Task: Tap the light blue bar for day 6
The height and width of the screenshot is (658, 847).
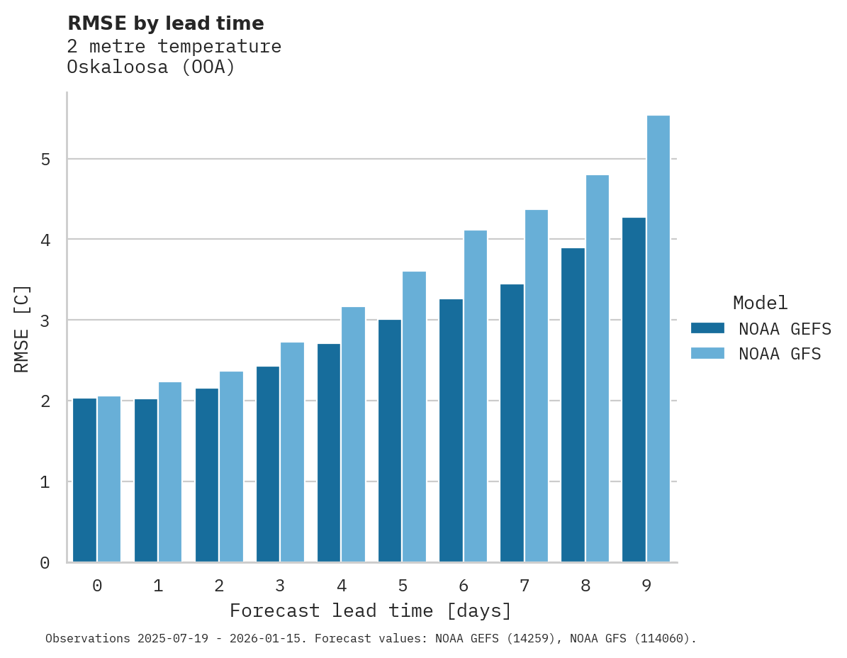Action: pyautogui.click(x=476, y=396)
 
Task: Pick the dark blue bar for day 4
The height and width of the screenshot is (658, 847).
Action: pyautogui.click(x=329, y=453)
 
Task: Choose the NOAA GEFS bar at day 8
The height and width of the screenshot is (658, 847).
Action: pyautogui.click(x=573, y=405)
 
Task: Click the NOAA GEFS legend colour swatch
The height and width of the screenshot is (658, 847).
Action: pyautogui.click(x=707, y=328)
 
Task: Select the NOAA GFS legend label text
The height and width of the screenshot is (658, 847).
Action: pyautogui.click(x=780, y=354)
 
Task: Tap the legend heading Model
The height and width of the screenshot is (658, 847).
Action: pyautogui.click(x=760, y=303)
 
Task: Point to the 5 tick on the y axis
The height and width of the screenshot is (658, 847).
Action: pyautogui.click(x=45, y=160)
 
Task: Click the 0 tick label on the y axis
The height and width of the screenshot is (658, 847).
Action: pyautogui.click(x=45, y=563)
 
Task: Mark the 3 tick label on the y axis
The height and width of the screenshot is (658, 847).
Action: pyautogui.click(x=45, y=320)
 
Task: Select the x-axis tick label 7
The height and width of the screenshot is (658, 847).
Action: pyautogui.click(x=525, y=586)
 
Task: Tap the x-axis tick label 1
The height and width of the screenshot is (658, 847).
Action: pyautogui.click(x=158, y=586)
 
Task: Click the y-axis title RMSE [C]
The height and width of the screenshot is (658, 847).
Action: pyautogui.click(x=23, y=328)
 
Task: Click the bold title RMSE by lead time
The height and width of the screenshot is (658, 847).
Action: pyautogui.click(x=165, y=23)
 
